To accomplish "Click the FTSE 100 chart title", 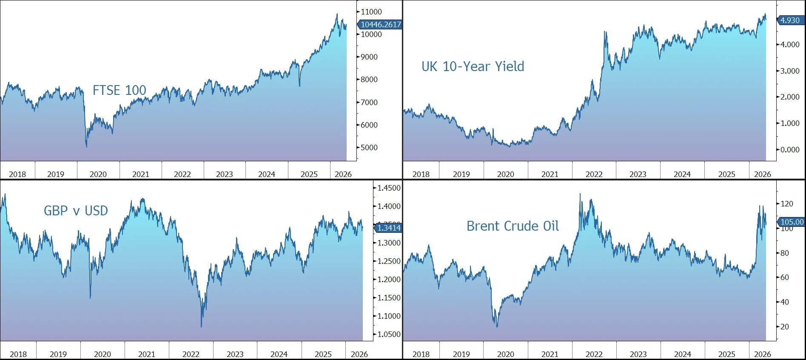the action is [x=120, y=90].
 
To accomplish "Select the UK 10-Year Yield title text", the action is [x=473, y=66].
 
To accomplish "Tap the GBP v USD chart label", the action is [x=76, y=211].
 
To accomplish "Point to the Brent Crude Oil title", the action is [x=513, y=226].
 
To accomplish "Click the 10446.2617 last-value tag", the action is [x=379, y=25].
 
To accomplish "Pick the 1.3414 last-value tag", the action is [x=387, y=228].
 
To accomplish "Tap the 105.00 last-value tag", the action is [x=791, y=222].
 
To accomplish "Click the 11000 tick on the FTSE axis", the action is [x=371, y=12].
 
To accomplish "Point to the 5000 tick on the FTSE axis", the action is [x=369, y=148].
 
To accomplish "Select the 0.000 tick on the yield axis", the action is [x=790, y=150].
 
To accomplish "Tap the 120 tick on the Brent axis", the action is [x=787, y=204].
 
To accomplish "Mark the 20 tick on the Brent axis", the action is [x=785, y=327].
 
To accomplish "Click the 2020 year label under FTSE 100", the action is [x=98, y=174].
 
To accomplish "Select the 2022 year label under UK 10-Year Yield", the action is [x=594, y=174].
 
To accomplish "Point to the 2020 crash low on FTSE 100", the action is [x=87, y=147].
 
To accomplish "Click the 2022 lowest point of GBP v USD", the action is [x=201, y=327].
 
